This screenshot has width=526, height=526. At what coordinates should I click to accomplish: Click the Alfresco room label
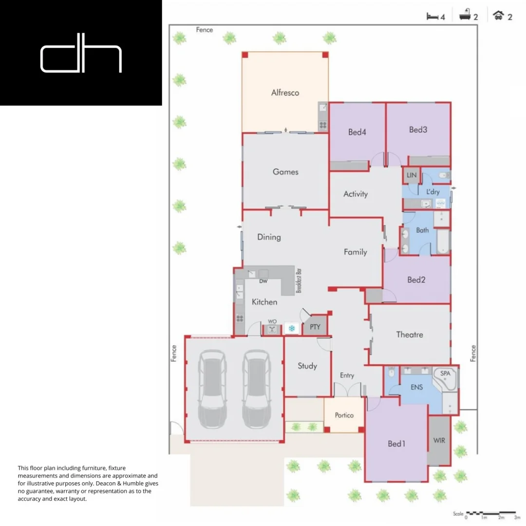[285, 93]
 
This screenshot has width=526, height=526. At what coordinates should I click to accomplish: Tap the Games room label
[285, 172]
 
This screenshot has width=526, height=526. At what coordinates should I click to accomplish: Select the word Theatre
[409, 335]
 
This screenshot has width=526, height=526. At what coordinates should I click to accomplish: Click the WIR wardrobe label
[439, 440]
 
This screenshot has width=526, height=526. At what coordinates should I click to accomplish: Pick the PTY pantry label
[315, 327]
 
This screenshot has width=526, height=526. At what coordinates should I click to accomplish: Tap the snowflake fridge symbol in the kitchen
[292, 329]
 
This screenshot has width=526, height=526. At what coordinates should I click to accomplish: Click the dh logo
[81, 58]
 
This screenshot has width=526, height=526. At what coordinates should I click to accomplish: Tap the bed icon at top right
[432, 17]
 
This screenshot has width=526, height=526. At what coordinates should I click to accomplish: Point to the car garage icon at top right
[498, 16]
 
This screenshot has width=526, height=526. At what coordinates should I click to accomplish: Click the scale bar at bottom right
[490, 513]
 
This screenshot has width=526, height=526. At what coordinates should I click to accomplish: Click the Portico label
[344, 415]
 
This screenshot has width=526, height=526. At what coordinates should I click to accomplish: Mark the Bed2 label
[416, 280]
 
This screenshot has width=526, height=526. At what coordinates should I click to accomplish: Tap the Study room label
[307, 366]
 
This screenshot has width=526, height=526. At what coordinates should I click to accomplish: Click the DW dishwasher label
[263, 282]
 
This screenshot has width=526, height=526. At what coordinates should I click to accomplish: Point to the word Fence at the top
[205, 30]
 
